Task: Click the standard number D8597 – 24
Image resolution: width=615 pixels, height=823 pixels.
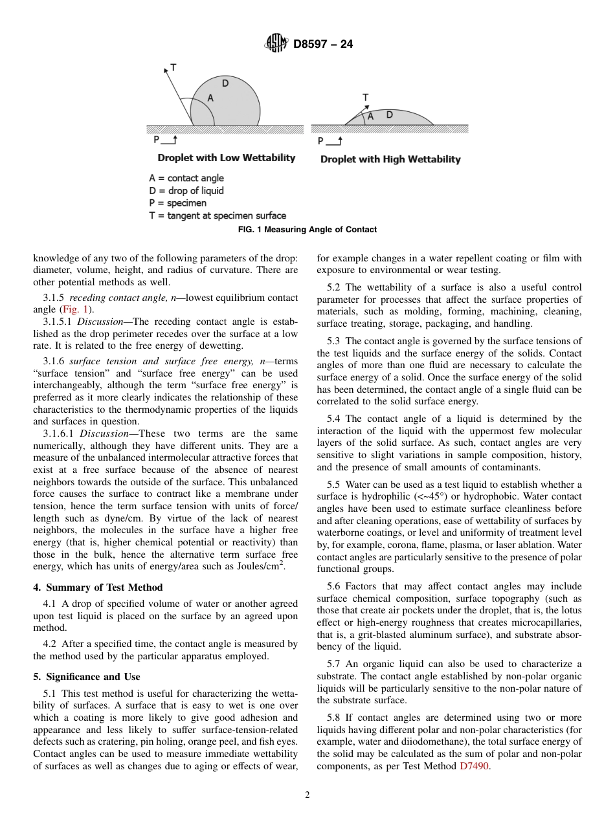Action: point(323,45)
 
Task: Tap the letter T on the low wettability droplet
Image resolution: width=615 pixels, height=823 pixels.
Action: point(173,67)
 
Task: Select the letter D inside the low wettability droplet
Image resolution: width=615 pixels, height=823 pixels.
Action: point(225,83)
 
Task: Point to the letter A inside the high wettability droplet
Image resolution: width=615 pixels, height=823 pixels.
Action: point(370,117)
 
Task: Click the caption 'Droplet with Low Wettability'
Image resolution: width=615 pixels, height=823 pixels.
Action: point(226,158)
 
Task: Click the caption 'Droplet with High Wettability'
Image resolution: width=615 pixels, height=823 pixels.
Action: point(390,159)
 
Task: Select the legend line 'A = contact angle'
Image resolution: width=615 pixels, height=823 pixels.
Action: point(186,178)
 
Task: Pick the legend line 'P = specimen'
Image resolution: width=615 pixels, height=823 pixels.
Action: point(177,203)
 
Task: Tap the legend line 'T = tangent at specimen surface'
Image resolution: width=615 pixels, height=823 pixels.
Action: point(217,215)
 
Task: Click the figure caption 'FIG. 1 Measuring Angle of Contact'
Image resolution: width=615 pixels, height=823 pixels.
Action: point(307,230)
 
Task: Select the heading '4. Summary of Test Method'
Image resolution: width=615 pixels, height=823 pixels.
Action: point(98,587)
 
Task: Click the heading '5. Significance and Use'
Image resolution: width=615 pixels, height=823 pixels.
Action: point(86,677)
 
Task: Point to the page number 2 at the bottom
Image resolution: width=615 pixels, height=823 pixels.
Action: point(307,795)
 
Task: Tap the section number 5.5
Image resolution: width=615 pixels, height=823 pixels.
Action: point(333,485)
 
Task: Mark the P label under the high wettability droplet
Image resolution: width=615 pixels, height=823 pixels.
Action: point(320,141)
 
